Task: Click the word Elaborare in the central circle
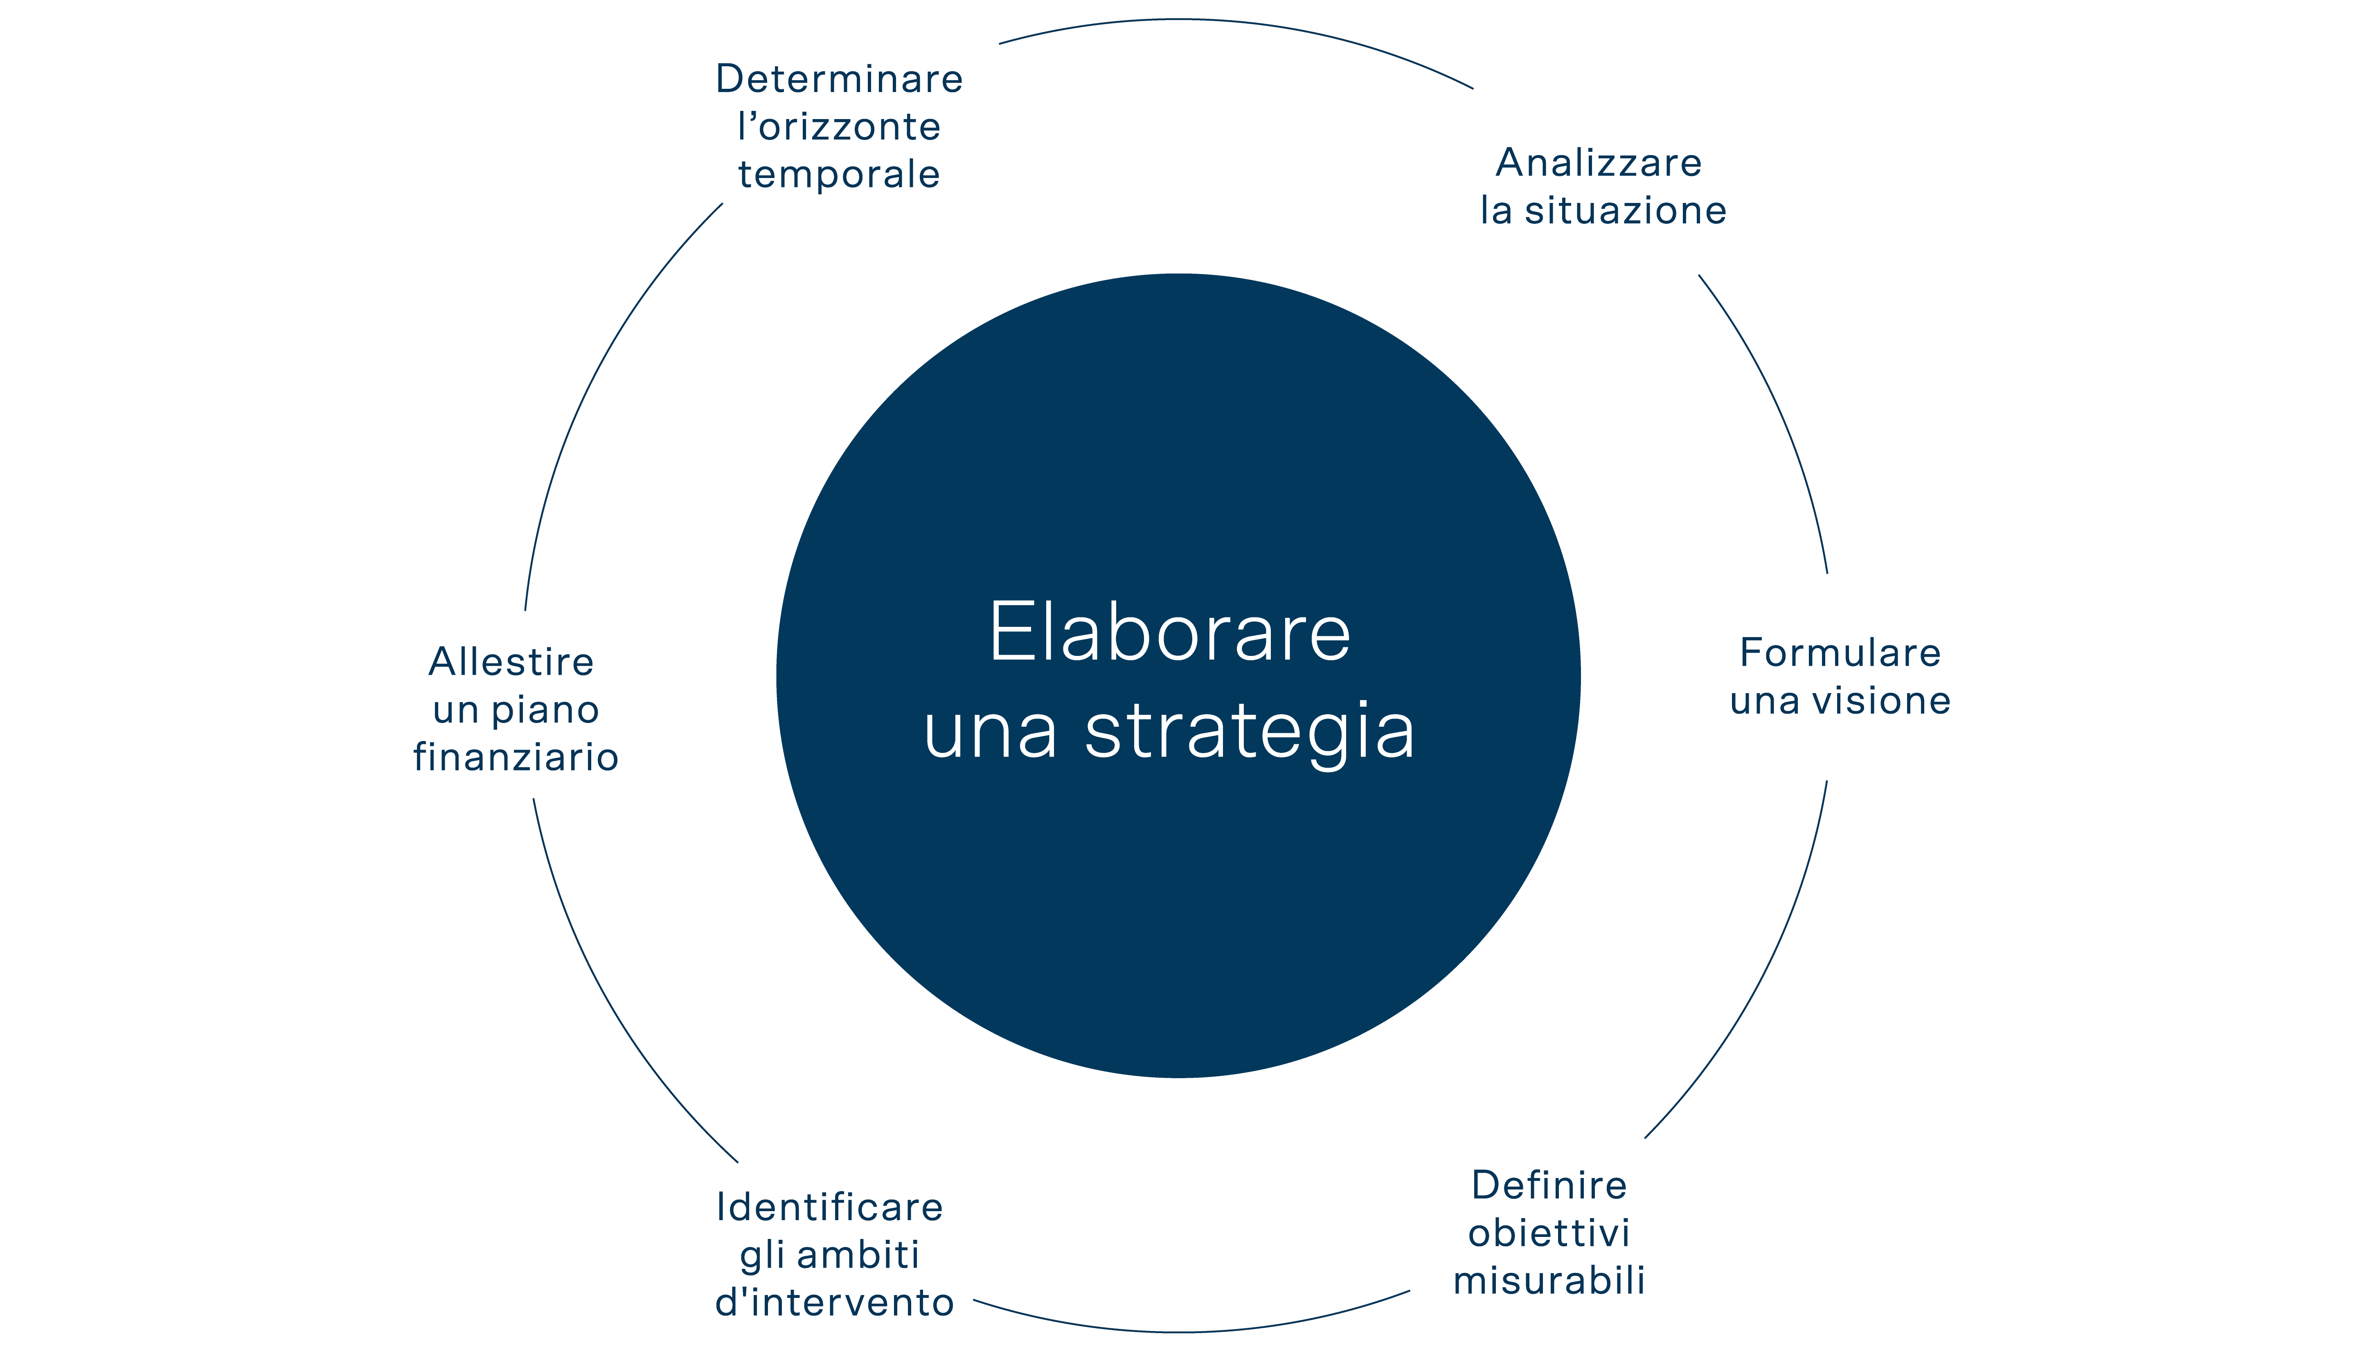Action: [x=1170, y=633]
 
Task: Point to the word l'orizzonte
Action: [x=839, y=127]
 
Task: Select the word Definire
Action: [x=1549, y=1185]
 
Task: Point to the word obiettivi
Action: [x=1549, y=1233]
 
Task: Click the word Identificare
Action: [x=830, y=1207]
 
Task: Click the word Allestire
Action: [x=511, y=662]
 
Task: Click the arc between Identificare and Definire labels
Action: [x=1193, y=1331]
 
